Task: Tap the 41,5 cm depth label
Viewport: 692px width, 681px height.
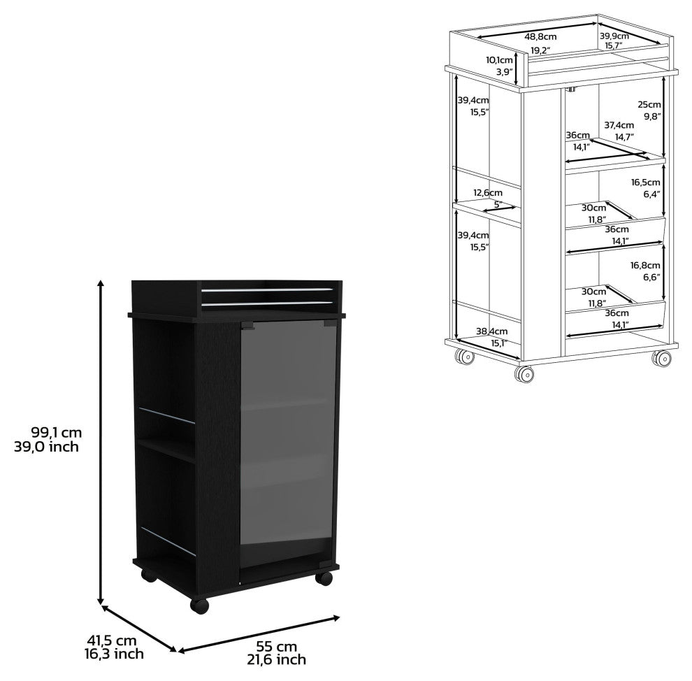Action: [x=112, y=640]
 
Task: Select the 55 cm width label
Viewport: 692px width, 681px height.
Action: [x=276, y=646]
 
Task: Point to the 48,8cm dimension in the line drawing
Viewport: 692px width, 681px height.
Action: [x=540, y=36]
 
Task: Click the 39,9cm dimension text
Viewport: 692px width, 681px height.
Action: [x=614, y=36]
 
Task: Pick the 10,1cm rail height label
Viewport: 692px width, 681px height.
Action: [x=500, y=60]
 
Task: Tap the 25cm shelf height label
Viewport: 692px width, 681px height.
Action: [x=649, y=105]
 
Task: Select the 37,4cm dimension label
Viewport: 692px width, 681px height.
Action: [x=619, y=125]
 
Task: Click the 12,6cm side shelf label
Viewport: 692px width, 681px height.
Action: [x=488, y=192]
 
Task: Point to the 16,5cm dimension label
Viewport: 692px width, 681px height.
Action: [x=645, y=182]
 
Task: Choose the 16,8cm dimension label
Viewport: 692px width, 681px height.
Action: [x=645, y=265]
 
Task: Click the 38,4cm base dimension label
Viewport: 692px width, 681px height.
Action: [x=491, y=331]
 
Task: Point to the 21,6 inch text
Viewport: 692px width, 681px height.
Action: [x=276, y=659]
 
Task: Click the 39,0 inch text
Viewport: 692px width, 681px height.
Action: [x=46, y=447]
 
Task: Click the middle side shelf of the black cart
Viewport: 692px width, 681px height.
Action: [x=166, y=450]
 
